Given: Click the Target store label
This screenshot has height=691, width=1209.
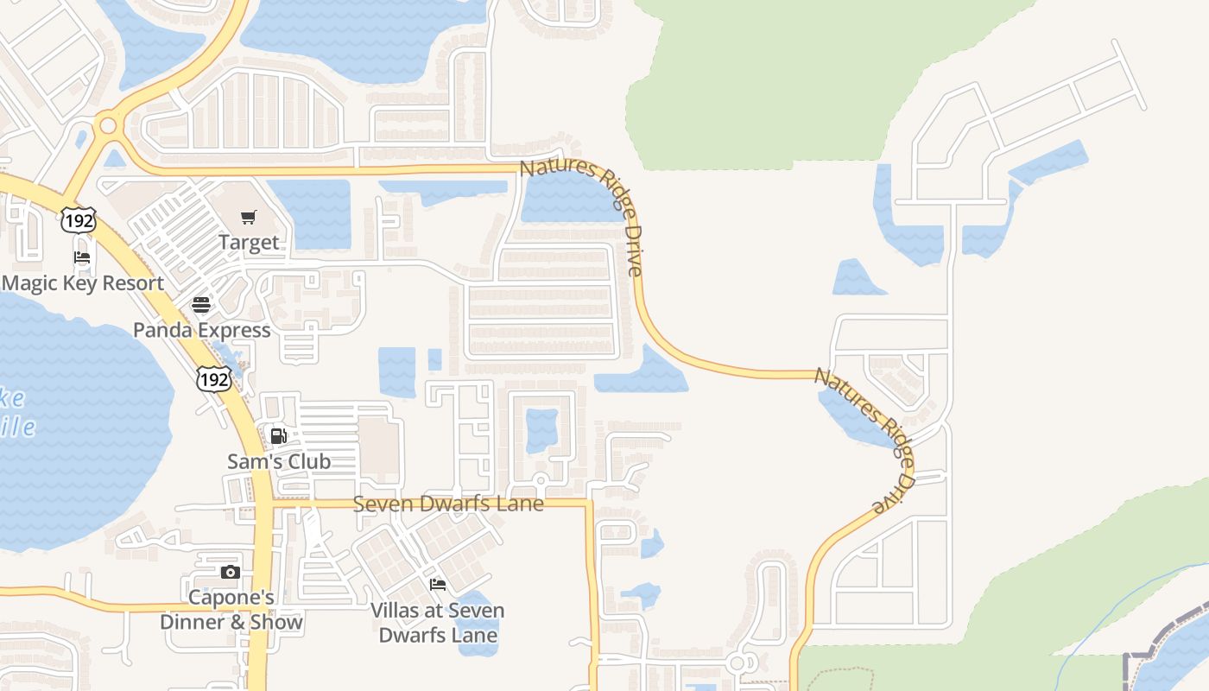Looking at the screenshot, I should (x=249, y=243).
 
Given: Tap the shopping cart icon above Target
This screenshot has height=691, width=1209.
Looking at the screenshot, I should (x=249, y=218).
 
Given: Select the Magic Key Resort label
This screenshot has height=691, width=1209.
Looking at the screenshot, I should (x=83, y=283).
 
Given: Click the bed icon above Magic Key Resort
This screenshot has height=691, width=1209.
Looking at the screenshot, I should (x=82, y=257).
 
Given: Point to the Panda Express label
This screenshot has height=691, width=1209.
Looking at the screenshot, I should (x=201, y=330).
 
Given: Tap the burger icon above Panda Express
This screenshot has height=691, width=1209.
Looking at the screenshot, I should (x=201, y=305).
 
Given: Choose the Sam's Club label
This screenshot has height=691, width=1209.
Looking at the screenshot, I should (x=278, y=461).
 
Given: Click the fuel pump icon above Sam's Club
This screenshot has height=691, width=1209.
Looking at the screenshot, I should (x=278, y=436).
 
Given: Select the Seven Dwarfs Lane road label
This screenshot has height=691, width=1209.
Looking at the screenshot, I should (x=448, y=504).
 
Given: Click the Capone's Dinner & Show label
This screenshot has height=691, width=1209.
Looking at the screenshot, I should (x=231, y=610).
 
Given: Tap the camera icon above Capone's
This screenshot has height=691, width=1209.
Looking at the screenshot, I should (x=230, y=572).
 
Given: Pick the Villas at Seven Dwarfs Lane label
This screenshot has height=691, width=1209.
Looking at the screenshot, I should (x=438, y=623).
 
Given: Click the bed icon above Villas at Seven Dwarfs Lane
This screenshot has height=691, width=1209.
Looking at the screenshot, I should (x=438, y=585).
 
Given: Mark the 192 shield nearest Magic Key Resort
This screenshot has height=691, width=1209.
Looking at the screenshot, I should (x=78, y=219).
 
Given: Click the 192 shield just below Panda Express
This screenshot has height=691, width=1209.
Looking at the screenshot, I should (x=213, y=377).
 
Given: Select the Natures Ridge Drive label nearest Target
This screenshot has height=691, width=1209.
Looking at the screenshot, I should (x=584, y=216).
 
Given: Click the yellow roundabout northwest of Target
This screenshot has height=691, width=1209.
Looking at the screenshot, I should (x=108, y=126).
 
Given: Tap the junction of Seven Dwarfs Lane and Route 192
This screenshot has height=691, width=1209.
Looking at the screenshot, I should (x=263, y=503).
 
